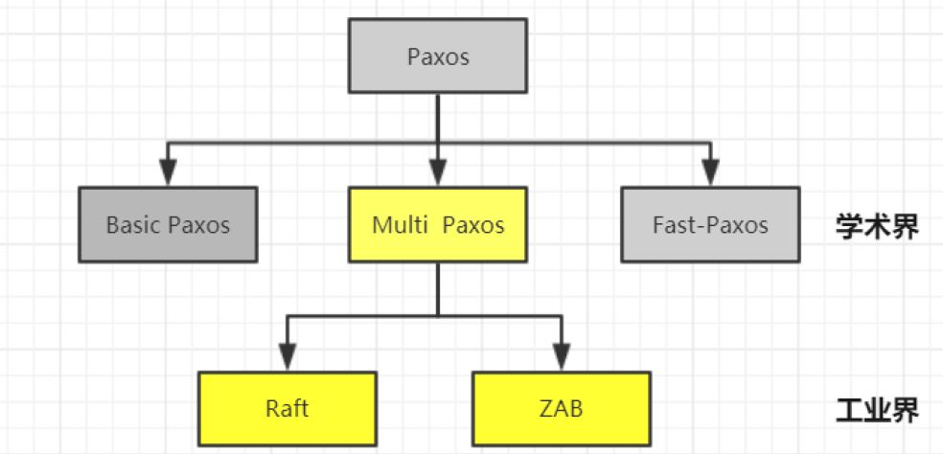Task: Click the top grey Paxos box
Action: coord(438,57)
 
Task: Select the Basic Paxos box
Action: coord(168,225)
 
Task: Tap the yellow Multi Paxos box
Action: coord(438,225)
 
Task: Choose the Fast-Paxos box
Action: coord(709,225)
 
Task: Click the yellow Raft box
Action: coord(287,408)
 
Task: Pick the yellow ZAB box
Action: coord(561,408)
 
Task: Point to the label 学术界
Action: coord(877,226)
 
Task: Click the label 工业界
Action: coord(877,410)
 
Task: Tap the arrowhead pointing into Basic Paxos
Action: coord(169,173)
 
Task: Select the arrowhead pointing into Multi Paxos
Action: coord(438,173)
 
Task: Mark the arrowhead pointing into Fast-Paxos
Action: coord(709,173)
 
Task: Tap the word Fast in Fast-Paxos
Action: coord(671,225)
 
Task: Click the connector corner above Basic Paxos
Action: coord(169,144)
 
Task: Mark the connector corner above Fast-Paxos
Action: coord(709,144)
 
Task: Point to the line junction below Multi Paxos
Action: coord(438,314)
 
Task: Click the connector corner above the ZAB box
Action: coord(562,314)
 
